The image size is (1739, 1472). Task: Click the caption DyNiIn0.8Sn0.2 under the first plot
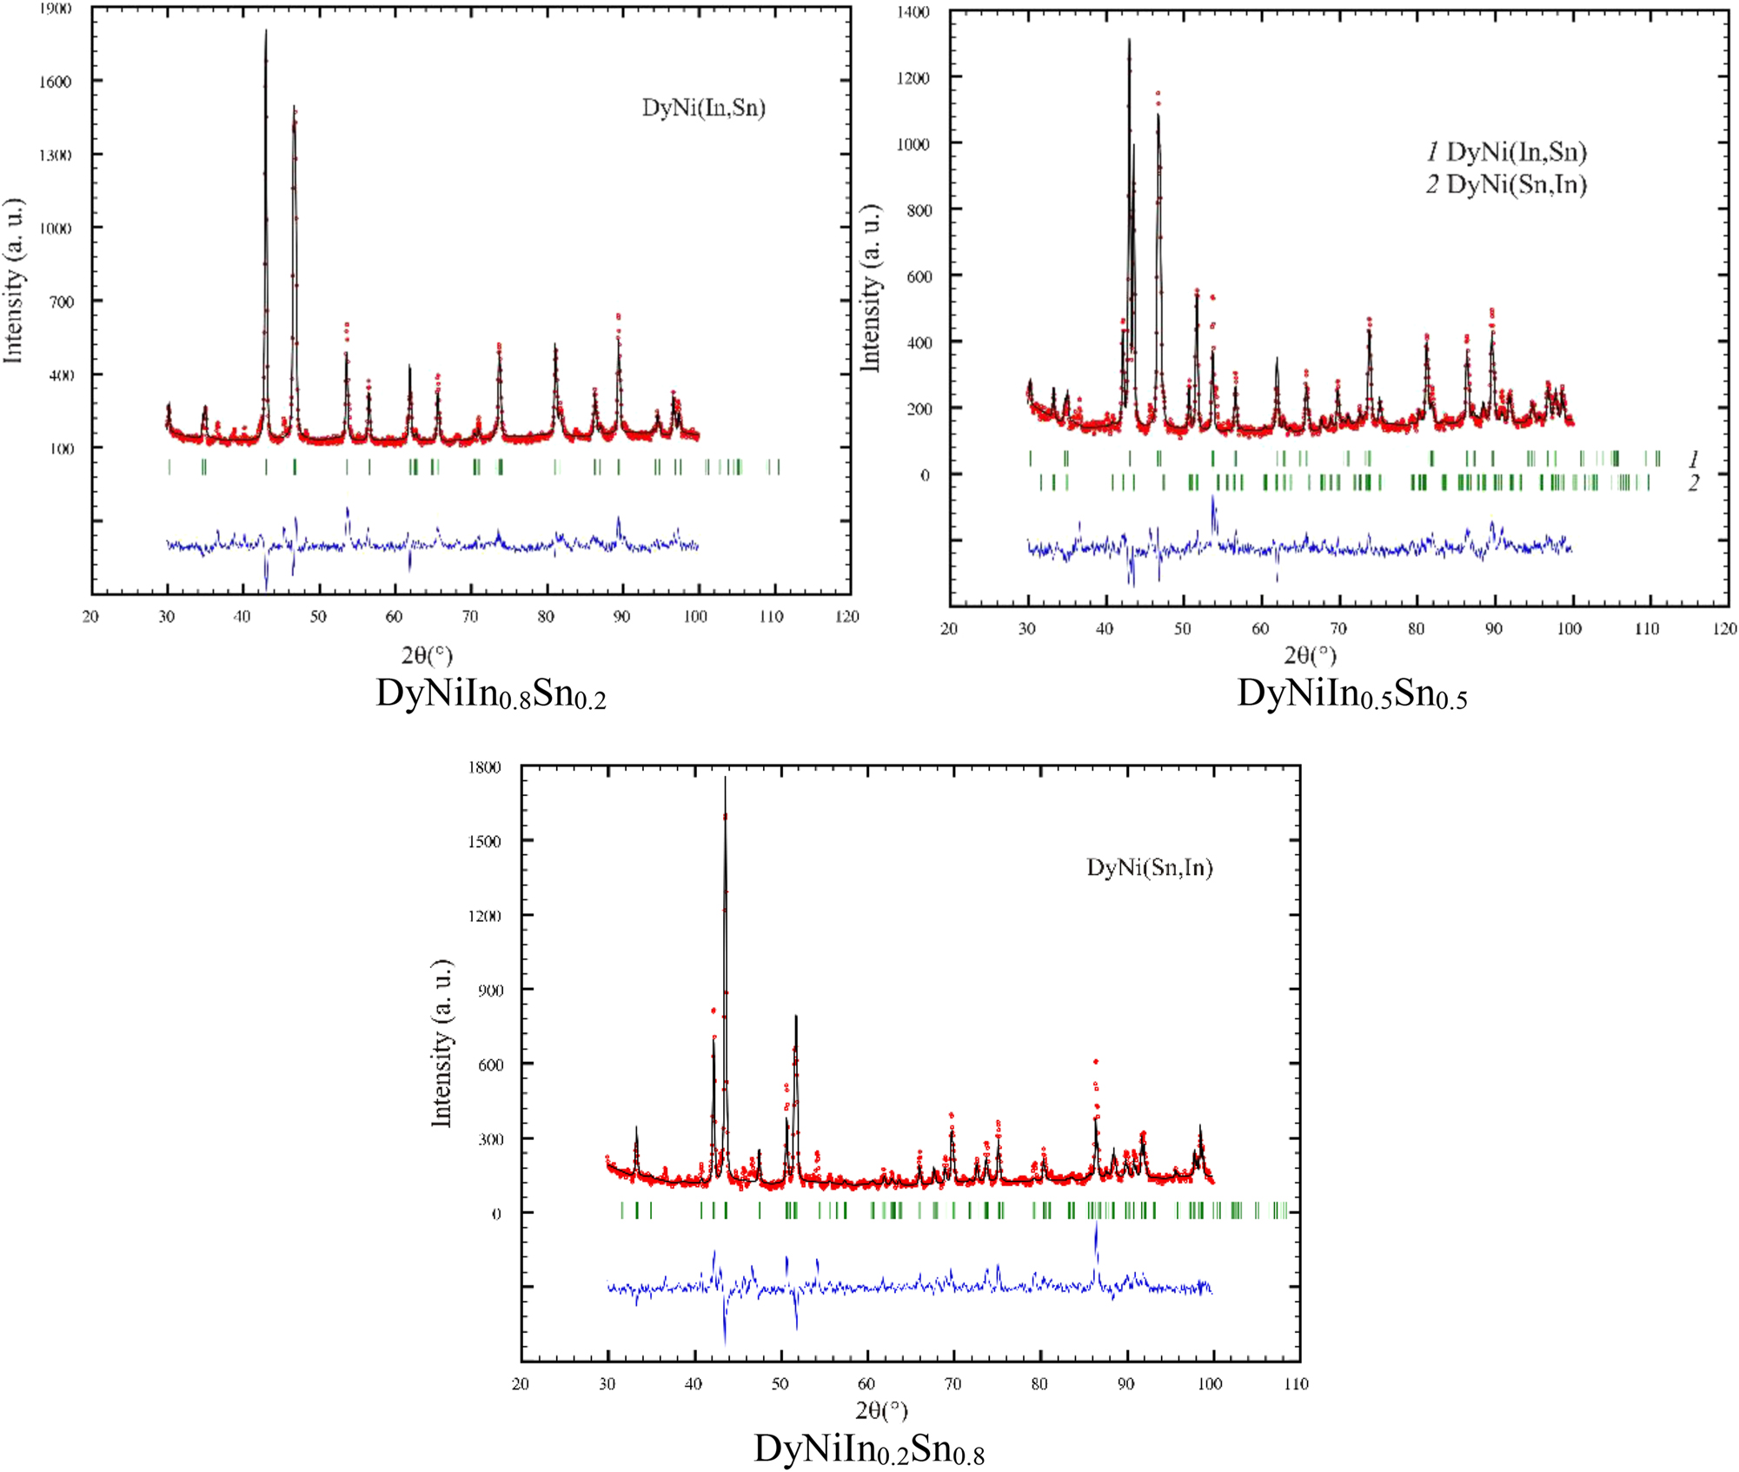click(490, 694)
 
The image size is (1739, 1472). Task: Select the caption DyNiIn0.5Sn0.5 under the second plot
click(1351, 694)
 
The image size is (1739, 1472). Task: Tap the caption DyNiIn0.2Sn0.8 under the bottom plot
click(868, 1449)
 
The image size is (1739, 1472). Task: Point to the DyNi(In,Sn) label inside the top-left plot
click(703, 108)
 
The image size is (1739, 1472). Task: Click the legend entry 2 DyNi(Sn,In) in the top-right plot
click(1506, 184)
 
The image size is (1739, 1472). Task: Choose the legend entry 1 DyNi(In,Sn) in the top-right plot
click(1506, 152)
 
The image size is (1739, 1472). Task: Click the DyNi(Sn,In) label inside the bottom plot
click(1149, 867)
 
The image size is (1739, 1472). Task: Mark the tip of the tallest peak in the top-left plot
click(266, 31)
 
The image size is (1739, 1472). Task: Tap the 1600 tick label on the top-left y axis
click(55, 82)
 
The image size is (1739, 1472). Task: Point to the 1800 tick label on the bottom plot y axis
click(484, 767)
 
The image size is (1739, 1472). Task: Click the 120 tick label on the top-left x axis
click(846, 616)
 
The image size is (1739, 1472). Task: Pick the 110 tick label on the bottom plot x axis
click(1295, 1383)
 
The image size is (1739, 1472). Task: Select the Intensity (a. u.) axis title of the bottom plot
click(442, 1044)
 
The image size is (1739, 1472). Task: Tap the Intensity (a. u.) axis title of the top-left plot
click(13, 281)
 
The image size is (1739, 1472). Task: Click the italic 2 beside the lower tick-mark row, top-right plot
click(1693, 483)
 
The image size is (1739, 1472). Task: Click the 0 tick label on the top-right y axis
click(925, 475)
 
